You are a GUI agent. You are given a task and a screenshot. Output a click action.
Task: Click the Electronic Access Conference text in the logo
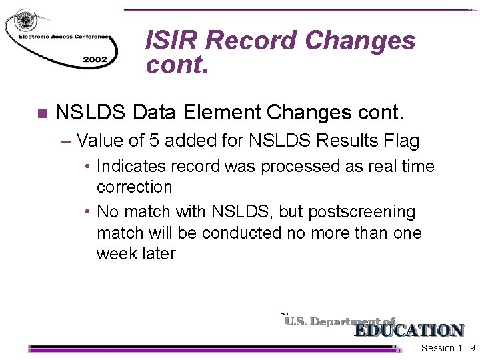click(x=60, y=37)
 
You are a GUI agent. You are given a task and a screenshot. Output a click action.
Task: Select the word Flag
click(x=400, y=141)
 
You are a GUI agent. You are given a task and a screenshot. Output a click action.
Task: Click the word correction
click(x=134, y=187)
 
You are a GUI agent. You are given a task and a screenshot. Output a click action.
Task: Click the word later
click(x=159, y=254)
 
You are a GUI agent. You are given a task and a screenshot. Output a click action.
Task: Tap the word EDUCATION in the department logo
click(x=409, y=330)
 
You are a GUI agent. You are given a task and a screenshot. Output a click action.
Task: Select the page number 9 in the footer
click(x=472, y=348)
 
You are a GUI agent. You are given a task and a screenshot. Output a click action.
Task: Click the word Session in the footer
click(x=437, y=348)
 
